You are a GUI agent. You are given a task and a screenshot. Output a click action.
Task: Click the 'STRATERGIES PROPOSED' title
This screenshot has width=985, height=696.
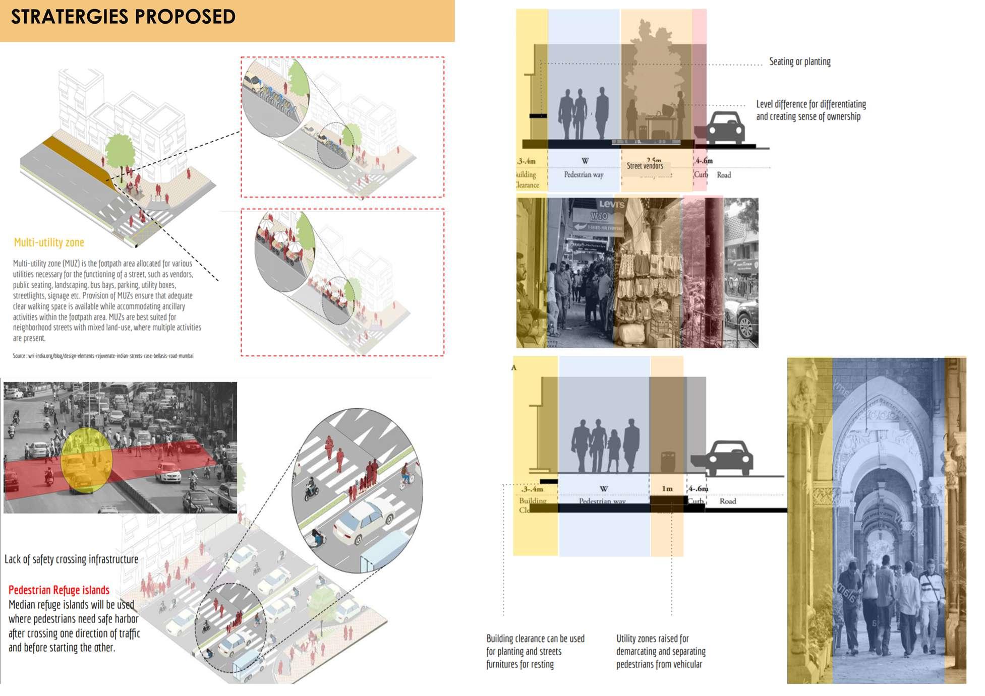[x=123, y=17]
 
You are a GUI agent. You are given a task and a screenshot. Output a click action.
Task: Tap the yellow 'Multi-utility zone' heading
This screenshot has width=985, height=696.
[x=49, y=242]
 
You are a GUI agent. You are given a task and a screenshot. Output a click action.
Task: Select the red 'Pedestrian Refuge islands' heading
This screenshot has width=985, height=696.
[x=59, y=590]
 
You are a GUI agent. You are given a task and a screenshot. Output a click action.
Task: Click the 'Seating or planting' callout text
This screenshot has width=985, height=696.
[x=799, y=61]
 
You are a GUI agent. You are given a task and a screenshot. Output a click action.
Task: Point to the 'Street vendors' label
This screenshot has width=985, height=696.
[x=645, y=166]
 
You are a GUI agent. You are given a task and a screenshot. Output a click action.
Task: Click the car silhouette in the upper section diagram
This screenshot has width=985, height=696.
[x=726, y=129]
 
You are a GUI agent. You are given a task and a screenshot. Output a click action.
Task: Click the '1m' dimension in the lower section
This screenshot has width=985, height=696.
[x=667, y=488]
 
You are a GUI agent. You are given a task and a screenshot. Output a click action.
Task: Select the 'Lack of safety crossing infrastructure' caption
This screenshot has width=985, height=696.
[x=71, y=559]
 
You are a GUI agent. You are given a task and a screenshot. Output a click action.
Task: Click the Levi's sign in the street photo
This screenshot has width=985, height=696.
[x=611, y=204]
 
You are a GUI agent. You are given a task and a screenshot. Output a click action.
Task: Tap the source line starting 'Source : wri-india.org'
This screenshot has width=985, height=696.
[x=103, y=356]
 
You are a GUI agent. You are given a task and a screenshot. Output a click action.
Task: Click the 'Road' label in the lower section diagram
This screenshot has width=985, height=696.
[x=727, y=501]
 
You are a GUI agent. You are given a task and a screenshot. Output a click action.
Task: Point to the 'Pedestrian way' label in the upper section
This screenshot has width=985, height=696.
[x=584, y=175]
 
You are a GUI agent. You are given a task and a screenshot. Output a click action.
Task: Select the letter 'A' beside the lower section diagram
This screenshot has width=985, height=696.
[x=514, y=367]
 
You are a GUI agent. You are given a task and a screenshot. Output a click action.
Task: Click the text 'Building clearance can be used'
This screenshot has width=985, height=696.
[x=535, y=639]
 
